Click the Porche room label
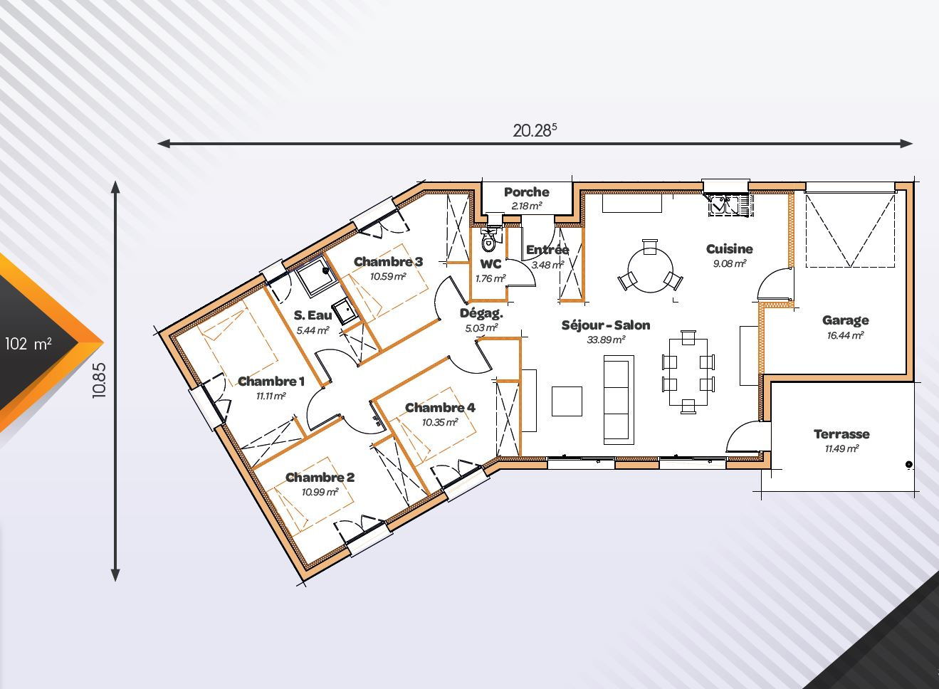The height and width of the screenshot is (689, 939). click(x=527, y=192)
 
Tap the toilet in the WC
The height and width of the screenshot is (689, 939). click(x=488, y=239)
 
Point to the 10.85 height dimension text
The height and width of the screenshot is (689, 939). click(x=100, y=380)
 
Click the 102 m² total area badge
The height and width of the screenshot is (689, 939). click(x=28, y=344)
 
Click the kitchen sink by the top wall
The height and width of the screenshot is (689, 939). click(x=728, y=206)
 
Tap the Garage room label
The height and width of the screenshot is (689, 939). click(x=845, y=320)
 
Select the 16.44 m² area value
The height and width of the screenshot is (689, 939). click(x=845, y=335)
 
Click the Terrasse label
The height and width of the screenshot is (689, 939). click(x=841, y=433)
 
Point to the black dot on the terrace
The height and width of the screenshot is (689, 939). click(x=909, y=464)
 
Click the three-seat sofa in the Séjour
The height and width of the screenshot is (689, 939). click(x=619, y=399)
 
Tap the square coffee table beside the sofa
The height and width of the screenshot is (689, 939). click(x=567, y=401)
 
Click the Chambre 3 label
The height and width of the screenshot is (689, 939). click(x=389, y=262)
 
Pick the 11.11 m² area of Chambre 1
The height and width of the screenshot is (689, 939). click(x=271, y=396)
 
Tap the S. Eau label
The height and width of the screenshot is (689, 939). click(x=313, y=315)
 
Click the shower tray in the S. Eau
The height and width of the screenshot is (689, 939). click(x=317, y=277)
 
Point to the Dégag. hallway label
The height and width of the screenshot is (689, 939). click(x=481, y=313)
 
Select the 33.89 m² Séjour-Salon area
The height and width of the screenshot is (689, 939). click(x=606, y=340)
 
